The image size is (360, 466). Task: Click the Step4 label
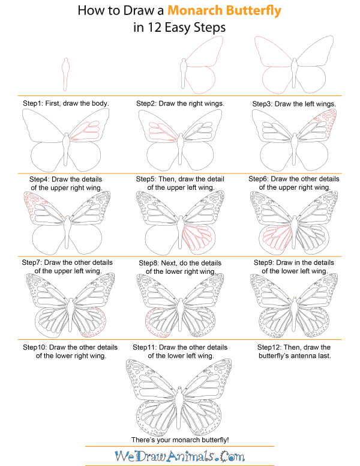coord(40,180)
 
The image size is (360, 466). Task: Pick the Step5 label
coord(148,179)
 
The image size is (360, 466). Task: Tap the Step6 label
coord(261,179)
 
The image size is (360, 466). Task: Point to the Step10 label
coord(35,347)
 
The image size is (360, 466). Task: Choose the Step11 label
coord(151,347)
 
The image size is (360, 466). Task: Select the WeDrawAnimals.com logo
coord(179,457)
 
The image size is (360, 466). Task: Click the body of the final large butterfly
coord(180,396)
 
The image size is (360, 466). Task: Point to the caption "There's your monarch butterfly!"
coord(179,440)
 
